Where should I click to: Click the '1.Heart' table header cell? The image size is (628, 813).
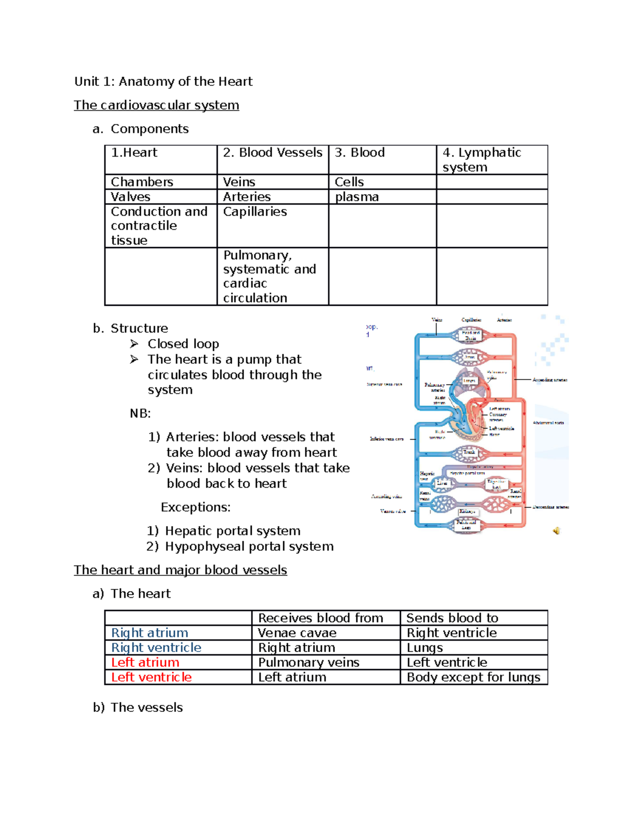pyautogui.click(x=134, y=153)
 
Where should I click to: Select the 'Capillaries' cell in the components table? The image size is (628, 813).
pyautogui.click(x=255, y=211)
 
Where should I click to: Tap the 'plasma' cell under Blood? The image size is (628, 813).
pyautogui.click(x=356, y=197)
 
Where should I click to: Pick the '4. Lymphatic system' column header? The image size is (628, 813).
pyautogui.click(x=481, y=160)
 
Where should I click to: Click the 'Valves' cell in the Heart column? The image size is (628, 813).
pyautogui.click(x=130, y=197)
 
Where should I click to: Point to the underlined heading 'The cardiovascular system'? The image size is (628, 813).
pyautogui.click(x=156, y=105)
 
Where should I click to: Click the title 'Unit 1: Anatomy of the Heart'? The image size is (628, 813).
pyautogui.click(x=163, y=82)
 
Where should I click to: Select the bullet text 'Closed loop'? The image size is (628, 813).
pyautogui.click(x=183, y=344)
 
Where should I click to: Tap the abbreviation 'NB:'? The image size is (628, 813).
pyautogui.click(x=140, y=414)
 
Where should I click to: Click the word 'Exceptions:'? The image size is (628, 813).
pyautogui.click(x=195, y=507)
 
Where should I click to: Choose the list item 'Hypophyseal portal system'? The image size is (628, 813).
pyautogui.click(x=249, y=547)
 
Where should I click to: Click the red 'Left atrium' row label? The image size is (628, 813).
pyautogui.click(x=145, y=662)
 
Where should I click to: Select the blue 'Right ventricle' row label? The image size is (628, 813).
pyautogui.click(x=156, y=648)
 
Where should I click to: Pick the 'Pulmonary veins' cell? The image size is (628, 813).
pyautogui.click(x=308, y=662)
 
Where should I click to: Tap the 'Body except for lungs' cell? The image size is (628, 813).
pyautogui.click(x=473, y=677)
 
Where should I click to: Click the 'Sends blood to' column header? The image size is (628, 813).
pyautogui.click(x=452, y=618)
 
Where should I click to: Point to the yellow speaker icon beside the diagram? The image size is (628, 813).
pyautogui.click(x=556, y=531)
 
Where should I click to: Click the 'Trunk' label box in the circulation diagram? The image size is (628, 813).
pyautogui.click(x=469, y=452)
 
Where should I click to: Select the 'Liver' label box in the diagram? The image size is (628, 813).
pyautogui.click(x=442, y=483)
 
